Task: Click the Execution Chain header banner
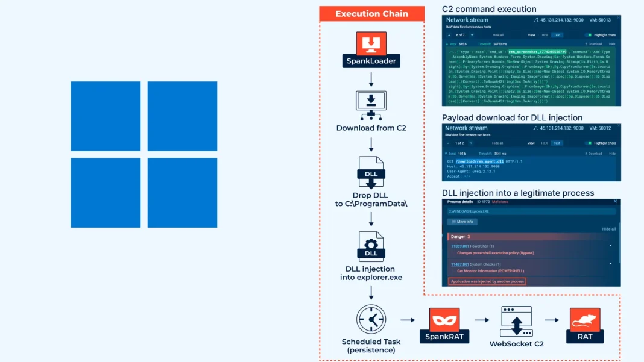(x=371, y=14)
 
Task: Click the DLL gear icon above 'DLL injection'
(x=371, y=245)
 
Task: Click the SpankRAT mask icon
(x=444, y=319)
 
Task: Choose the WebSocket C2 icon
(x=516, y=321)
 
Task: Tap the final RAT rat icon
(x=585, y=320)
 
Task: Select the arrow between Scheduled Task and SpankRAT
(x=408, y=321)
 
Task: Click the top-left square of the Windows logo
(x=106, y=116)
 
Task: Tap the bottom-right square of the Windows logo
(x=182, y=193)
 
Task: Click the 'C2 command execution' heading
(x=489, y=9)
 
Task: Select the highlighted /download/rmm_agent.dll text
(x=479, y=161)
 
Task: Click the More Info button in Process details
(x=462, y=222)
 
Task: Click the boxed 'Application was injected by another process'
(x=487, y=281)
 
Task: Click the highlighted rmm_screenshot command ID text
(x=537, y=52)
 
